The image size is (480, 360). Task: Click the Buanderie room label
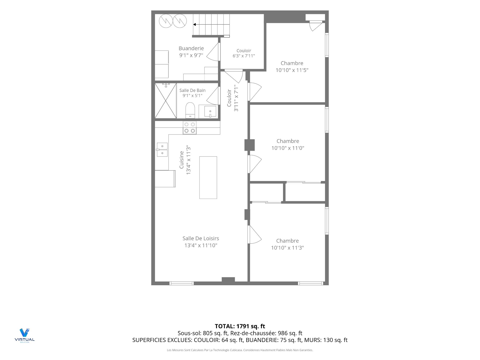(x=191, y=48)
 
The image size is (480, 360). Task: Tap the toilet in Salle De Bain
(x=190, y=110)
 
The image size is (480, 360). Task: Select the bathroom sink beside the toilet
(x=210, y=111)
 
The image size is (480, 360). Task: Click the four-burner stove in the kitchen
(x=189, y=128)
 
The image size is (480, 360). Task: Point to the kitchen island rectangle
(x=208, y=177)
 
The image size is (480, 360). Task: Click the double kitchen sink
(x=162, y=149)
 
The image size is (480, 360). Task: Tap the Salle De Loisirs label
(x=201, y=238)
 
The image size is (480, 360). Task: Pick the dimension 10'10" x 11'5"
(x=292, y=70)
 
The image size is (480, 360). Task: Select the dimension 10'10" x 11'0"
(x=288, y=148)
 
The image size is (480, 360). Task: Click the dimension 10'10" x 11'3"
(x=287, y=248)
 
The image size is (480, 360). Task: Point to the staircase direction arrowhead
(x=194, y=24)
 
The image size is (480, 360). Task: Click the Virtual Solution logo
(x=24, y=335)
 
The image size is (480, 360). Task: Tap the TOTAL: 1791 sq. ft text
(x=240, y=326)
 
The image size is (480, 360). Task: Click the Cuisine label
(x=182, y=160)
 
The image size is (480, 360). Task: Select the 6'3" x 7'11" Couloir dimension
(x=244, y=56)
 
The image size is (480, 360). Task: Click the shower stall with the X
(x=166, y=101)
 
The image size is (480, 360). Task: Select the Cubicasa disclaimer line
(x=240, y=350)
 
